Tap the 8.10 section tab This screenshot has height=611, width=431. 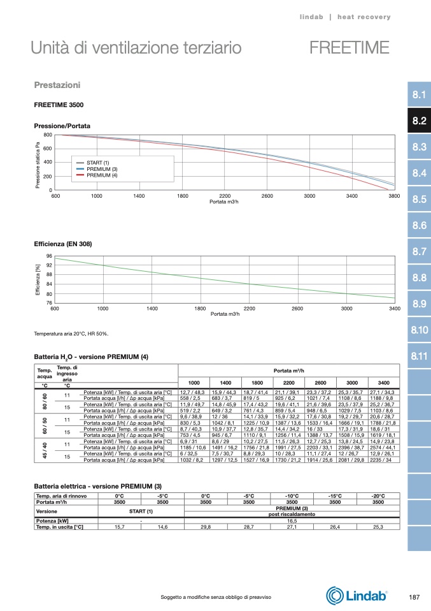(418, 330)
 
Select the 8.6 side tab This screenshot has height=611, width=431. (418, 226)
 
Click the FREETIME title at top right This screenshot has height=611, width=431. (349, 48)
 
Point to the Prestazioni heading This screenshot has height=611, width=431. (57, 85)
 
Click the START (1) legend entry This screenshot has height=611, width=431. (97, 163)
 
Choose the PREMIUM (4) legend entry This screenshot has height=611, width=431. (102, 175)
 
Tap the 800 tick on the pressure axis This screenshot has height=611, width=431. (48, 135)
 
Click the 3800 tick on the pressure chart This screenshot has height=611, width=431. (394, 195)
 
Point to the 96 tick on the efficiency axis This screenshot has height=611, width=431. (49, 256)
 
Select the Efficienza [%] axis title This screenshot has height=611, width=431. (38, 279)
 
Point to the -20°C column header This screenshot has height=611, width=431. (378, 496)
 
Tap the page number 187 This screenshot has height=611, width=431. (413, 596)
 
